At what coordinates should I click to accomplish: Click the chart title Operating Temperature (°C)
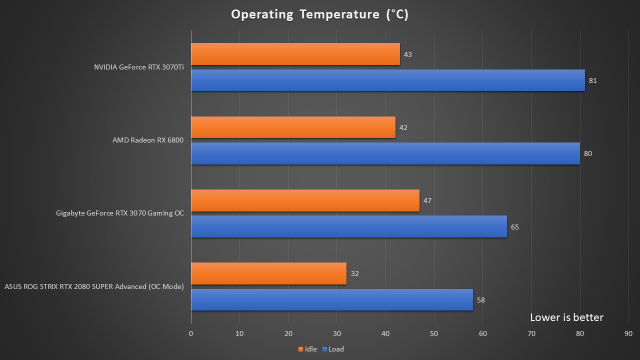click(319, 14)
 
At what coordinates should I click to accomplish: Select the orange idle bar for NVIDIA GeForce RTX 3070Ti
click(295, 54)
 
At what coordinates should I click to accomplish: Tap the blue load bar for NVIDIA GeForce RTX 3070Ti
click(388, 80)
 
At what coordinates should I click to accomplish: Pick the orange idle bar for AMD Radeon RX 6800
click(293, 127)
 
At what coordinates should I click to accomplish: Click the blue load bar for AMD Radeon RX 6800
click(385, 153)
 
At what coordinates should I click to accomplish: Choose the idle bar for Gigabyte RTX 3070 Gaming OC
click(305, 200)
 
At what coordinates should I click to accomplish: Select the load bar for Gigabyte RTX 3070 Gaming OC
click(349, 226)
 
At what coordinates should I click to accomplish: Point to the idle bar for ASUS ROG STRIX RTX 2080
click(268, 273)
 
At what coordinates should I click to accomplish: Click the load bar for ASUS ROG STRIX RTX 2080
click(332, 300)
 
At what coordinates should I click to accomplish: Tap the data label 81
click(593, 80)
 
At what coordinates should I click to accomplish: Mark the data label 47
click(427, 200)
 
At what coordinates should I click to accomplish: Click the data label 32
click(355, 273)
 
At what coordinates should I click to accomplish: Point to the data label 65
click(515, 227)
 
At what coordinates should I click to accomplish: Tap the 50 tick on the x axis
click(434, 333)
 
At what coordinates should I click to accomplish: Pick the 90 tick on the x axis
click(628, 333)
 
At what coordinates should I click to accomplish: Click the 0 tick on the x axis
click(191, 333)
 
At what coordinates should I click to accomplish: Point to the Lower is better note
click(566, 317)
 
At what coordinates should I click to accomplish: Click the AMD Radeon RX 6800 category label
click(148, 140)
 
